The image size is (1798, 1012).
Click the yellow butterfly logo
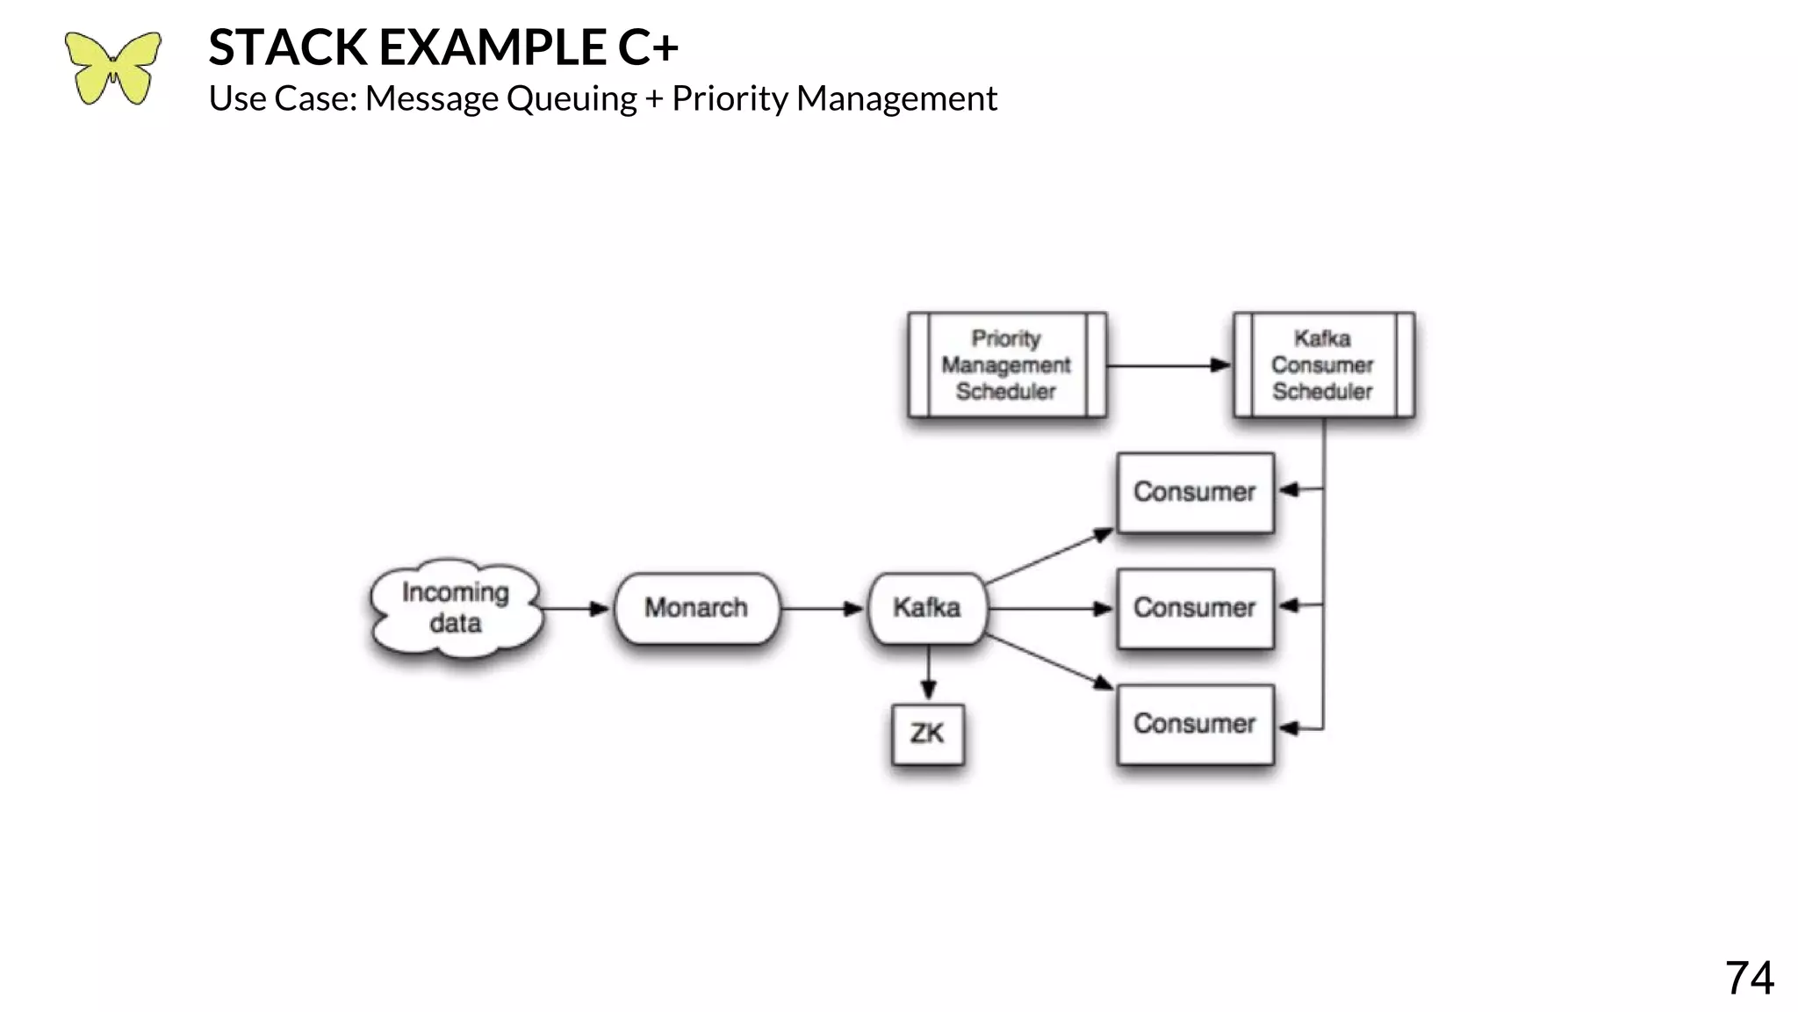(x=112, y=69)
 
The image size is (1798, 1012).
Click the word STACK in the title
(x=287, y=47)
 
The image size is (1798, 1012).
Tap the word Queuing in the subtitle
(x=572, y=98)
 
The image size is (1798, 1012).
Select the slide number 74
(x=1749, y=978)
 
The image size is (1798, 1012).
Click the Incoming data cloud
(x=455, y=608)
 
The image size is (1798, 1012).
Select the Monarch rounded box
(x=696, y=608)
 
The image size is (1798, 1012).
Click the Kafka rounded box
(x=927, y=608)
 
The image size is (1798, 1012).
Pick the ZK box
(x=927, y=734)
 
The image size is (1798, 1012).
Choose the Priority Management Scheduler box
(x=1006, y=365)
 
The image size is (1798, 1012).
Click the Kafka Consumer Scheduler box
(x=1322, y=365)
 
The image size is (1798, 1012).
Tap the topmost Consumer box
(x=1195, y=492)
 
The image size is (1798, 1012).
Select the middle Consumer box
(x=1195, y=608)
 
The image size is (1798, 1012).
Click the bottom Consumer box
(x=1195, y=724)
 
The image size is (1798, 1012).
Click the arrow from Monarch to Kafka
(x=822, y=609)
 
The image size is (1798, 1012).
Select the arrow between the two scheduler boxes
(x=1169, y=365)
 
